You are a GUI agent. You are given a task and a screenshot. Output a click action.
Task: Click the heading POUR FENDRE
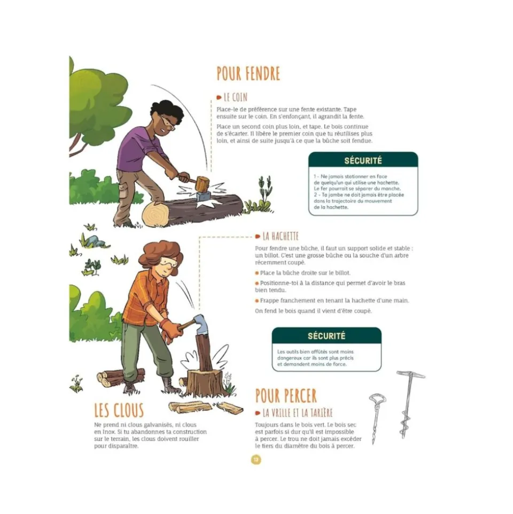click(248, 73)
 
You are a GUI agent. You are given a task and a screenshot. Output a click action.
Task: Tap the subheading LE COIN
click(235, 97)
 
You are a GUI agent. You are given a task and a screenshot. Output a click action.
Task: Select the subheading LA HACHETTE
click(281, 236)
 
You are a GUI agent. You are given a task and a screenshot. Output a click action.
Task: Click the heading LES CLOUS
click(119, 410)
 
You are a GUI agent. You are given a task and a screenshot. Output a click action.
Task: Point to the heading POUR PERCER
click(286, 396)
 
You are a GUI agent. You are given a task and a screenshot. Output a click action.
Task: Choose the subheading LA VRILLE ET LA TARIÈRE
click(298, 413)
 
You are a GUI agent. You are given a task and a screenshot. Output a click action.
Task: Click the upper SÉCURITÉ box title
click(363, 160)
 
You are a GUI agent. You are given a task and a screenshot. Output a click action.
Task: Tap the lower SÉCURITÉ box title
click(327, 336)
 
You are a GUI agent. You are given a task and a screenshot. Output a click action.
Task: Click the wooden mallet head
click(203, 184)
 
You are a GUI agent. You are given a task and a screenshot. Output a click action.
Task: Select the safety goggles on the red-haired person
click(169, 262)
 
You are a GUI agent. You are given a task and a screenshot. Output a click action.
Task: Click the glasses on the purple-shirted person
click(168, 123)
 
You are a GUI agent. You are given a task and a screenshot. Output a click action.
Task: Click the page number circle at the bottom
click(256, 459)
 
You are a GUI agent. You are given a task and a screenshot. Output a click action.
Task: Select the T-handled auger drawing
click(408, 404)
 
